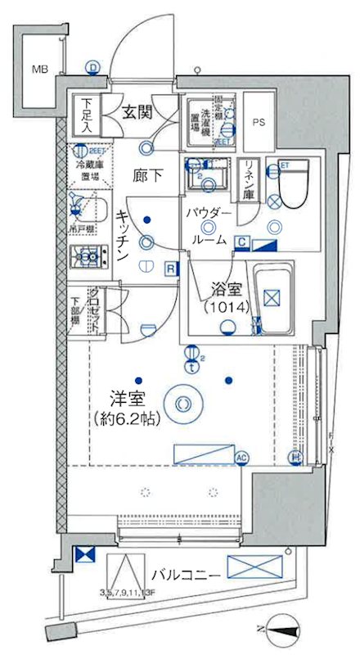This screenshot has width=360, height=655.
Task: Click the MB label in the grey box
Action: click(x=39, y=69)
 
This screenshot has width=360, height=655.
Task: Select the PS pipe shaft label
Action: click(x=259, y=124)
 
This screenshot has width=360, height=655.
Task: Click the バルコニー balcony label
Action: click(x=183, y=576)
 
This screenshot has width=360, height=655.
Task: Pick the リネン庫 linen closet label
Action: click(x=247, y=181)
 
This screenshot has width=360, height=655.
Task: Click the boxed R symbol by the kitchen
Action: click(x=169, y=268)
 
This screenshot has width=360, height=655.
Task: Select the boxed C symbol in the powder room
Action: click(x=243, y=242)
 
